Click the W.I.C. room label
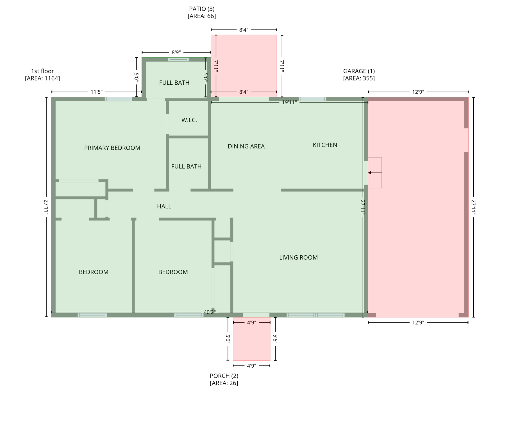[189, 120]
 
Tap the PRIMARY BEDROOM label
[112, 148]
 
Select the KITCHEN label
[325, 145]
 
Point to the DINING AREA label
[246, 147]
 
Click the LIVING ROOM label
[298, 258]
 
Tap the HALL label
[164, 206]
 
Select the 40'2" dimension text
[209, 312]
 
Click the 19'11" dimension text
[289, 102]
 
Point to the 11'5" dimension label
[96, 92]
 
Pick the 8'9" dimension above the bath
[176, 52]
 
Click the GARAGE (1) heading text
[359, 71]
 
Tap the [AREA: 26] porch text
[224, 383]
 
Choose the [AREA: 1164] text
[42, 78]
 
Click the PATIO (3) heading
[202, 9]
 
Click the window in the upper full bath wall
[178, 59]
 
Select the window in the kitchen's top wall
[312, 99]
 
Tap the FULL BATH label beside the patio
[174, 83]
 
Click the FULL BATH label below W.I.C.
[186, 166]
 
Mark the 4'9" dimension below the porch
[251, 366]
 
